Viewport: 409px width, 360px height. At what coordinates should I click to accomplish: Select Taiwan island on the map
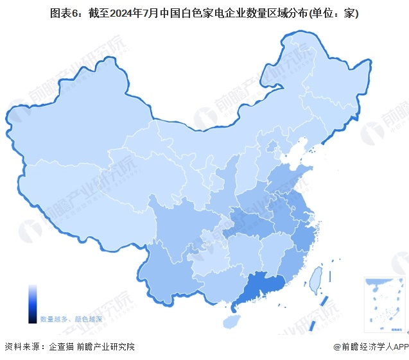pyautogui.click(x=315, y=280)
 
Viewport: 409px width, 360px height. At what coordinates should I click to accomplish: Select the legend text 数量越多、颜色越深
pyautogui.click(x=71, y=319)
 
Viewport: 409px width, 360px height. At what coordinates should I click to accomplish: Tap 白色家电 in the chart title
pyautogui.click(x=205, y=12)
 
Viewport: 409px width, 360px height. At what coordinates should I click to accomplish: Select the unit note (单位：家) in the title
pyautogui.click(x=331, y=12)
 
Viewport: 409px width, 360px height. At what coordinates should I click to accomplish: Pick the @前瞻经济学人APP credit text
pyautogui.click(x=370, y=347)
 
